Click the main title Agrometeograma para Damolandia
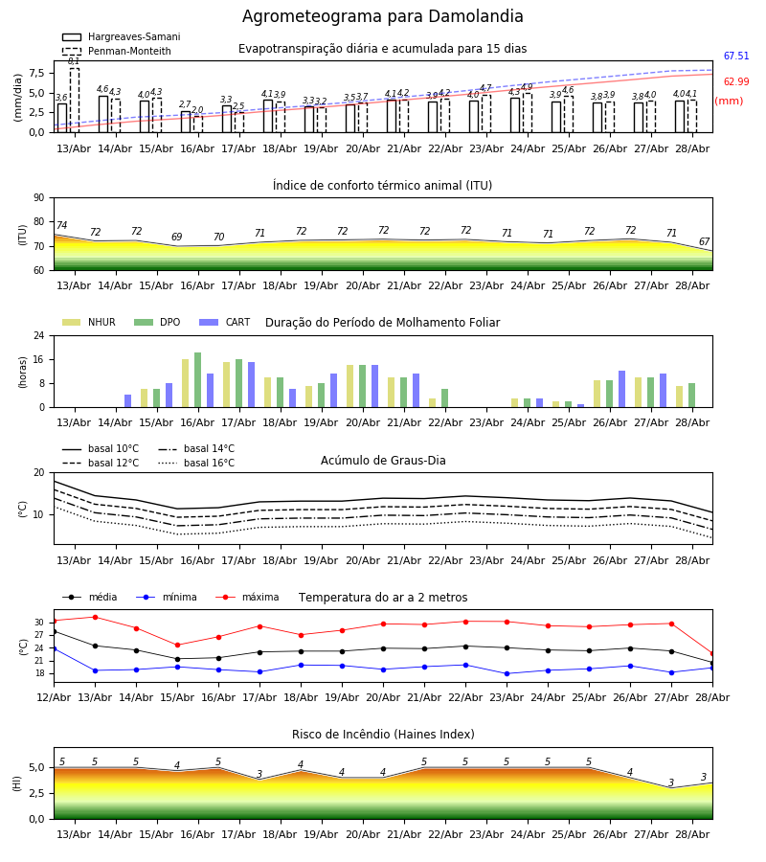[382, 16]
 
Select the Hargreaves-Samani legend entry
[122, 36]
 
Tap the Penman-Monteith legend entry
[117, 51]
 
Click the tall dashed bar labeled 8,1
[74, 100]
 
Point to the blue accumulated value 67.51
[736, 56]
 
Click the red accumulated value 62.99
[736, 81]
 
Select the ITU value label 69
[176, 237]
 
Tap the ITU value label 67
[704, 242]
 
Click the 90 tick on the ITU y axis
[39, 198]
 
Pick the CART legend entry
[225, 322]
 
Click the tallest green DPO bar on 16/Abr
[198, 380]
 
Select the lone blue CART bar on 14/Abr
[127, 400]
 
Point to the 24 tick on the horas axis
[39, 335]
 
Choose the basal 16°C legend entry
[196, 463]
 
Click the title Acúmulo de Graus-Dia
[383, 461]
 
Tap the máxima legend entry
[247, 597]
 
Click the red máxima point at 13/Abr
[95, 618]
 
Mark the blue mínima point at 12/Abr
[54, 648]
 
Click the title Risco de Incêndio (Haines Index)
[383, 735]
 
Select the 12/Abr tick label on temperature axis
[54, 697]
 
